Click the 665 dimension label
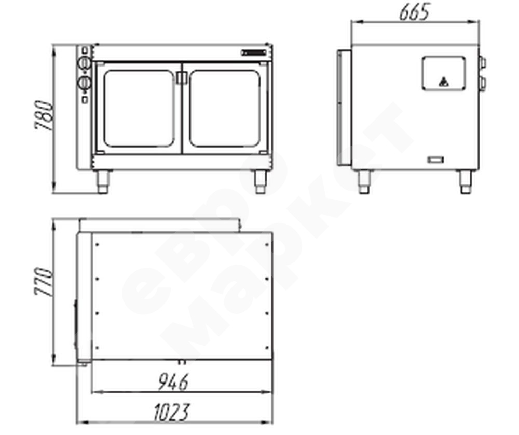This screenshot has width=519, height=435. [x=414, y=12]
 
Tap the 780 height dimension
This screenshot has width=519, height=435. [x=44, y=115]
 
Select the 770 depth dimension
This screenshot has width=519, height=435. [x=44, y=281]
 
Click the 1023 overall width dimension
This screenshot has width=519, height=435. [x=172, y=412]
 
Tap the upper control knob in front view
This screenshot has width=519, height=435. [x=84, y=63]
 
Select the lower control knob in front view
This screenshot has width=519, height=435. [x=84, y=83]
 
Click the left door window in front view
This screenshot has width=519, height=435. [x=139, y=109]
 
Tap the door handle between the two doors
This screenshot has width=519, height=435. [x=182, y=78]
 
